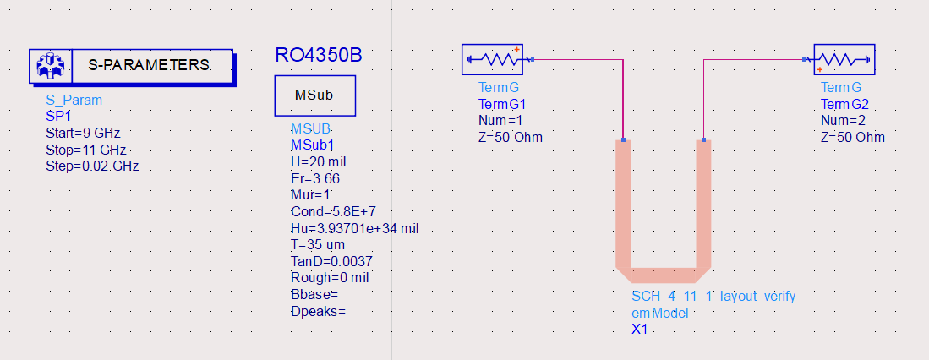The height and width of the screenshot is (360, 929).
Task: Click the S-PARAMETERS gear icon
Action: click(x=52, y=65)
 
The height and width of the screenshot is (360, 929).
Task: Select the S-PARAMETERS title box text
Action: click(x=149, y=65)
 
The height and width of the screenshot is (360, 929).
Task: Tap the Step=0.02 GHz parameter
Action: click(x=92, y=166)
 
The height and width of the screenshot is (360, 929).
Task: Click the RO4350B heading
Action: click(x=319, y=55)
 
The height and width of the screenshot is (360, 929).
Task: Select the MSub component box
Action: click(x=314, y=95)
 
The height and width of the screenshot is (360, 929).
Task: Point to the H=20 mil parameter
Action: click(x=318, y=161)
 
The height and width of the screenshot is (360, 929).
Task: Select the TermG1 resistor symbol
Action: click(x=493, y=60)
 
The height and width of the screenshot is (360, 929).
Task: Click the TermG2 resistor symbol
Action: click(x=844, y=60)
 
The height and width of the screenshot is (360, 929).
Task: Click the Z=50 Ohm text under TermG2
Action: click(x=853, y=137)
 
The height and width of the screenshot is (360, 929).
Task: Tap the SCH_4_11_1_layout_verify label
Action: click(x=713, y=296)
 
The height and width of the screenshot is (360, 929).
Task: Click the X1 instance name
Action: click(x=639, y=329)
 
